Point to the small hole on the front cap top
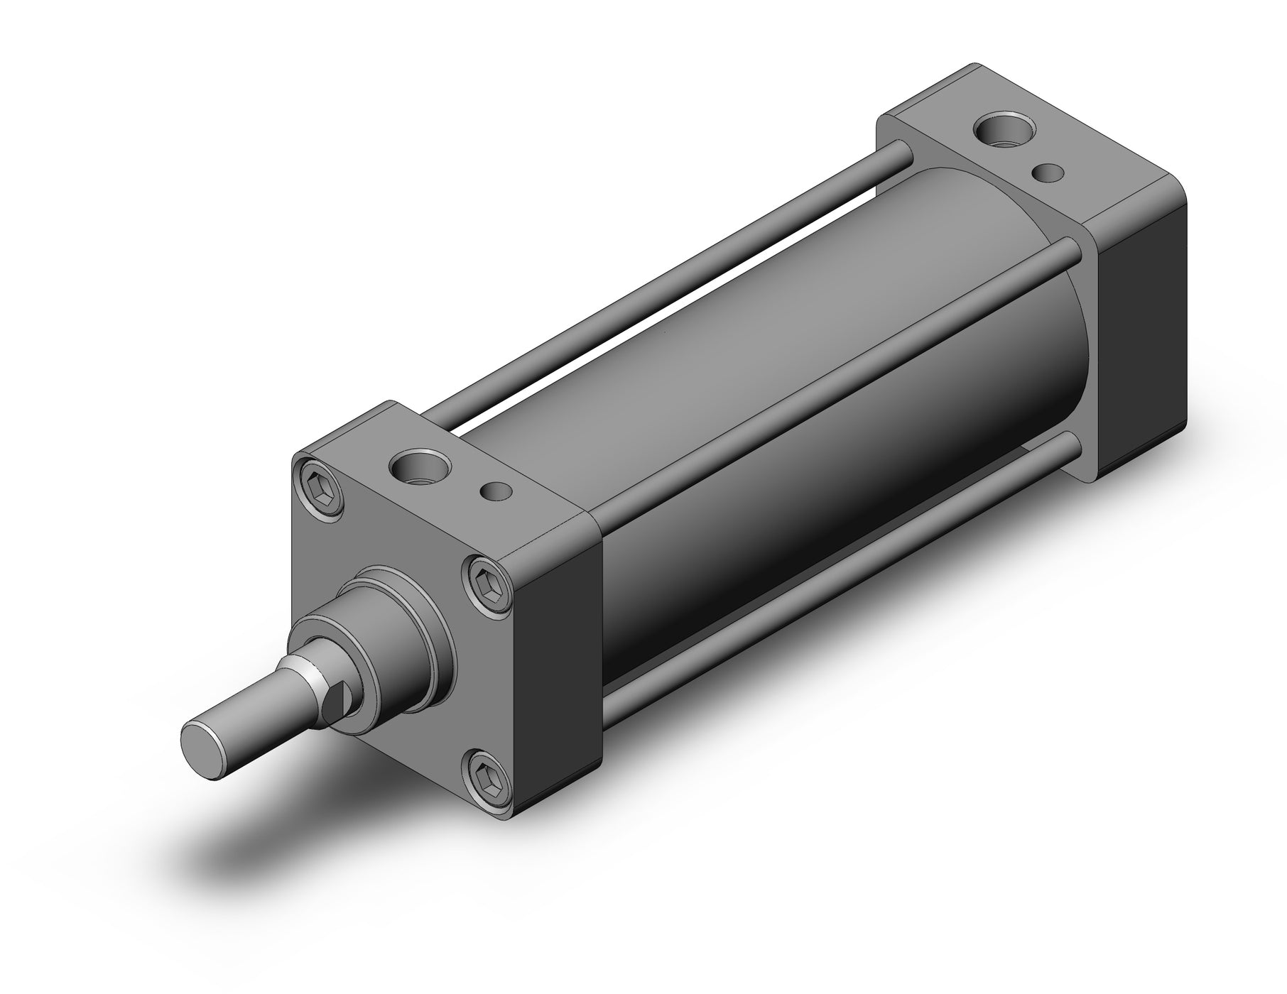(x=495, y=491)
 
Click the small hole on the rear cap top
(x=1048, y=173)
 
